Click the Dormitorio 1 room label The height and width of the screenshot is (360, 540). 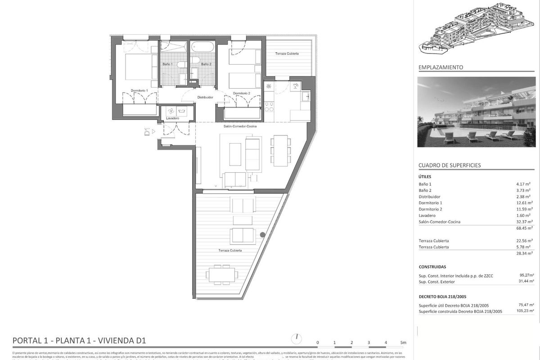(139, 90)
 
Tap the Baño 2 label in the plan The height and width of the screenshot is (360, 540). (206, 64)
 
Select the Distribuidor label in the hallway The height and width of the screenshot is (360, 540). (205, 97)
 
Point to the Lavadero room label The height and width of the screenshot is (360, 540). (172, 118)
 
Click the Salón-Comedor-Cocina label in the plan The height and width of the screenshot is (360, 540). (240, 126)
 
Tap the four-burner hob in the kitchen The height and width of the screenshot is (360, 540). (269, 107)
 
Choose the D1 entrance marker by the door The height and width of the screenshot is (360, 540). (147, 132)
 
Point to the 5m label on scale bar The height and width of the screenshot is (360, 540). (403, 342)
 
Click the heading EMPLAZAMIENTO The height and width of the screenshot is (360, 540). (441, 67)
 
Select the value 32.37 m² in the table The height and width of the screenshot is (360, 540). (523, 221)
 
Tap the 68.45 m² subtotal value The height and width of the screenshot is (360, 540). (523, 228)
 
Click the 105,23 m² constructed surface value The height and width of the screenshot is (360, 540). (525, 311)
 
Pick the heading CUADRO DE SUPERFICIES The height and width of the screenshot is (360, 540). (450, 165)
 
